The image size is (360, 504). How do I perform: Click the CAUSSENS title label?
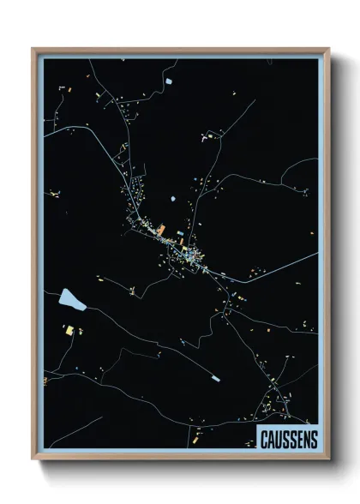tap(288, 439)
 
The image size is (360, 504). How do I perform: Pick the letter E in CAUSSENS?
tap(298, 440)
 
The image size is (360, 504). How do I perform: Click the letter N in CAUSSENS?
tap(305, 440)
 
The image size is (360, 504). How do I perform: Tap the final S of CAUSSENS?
tap(312, 440)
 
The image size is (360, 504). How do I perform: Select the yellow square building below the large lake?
tap(69, 330)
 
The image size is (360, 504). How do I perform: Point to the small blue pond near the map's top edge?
tap(169, 80)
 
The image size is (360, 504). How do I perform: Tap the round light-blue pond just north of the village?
tap(173, 199)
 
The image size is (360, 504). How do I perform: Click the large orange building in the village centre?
tap(159, 229)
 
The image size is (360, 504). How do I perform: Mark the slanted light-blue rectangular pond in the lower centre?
tap(215, 378)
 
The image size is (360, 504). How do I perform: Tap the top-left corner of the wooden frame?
tap(33, 49)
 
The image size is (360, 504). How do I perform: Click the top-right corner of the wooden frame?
tap(328, 49)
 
